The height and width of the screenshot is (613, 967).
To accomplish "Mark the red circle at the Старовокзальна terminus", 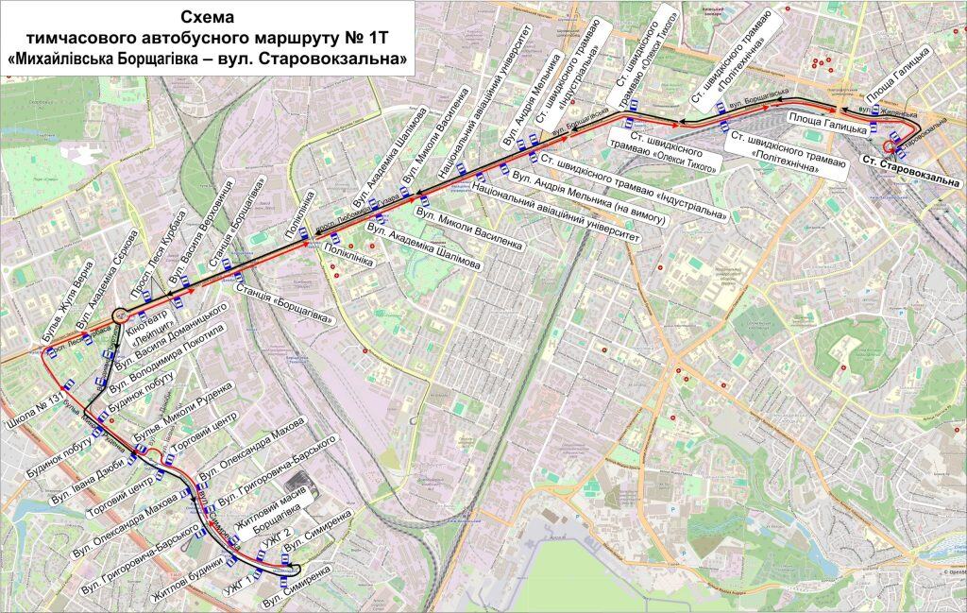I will click(890, 146).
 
